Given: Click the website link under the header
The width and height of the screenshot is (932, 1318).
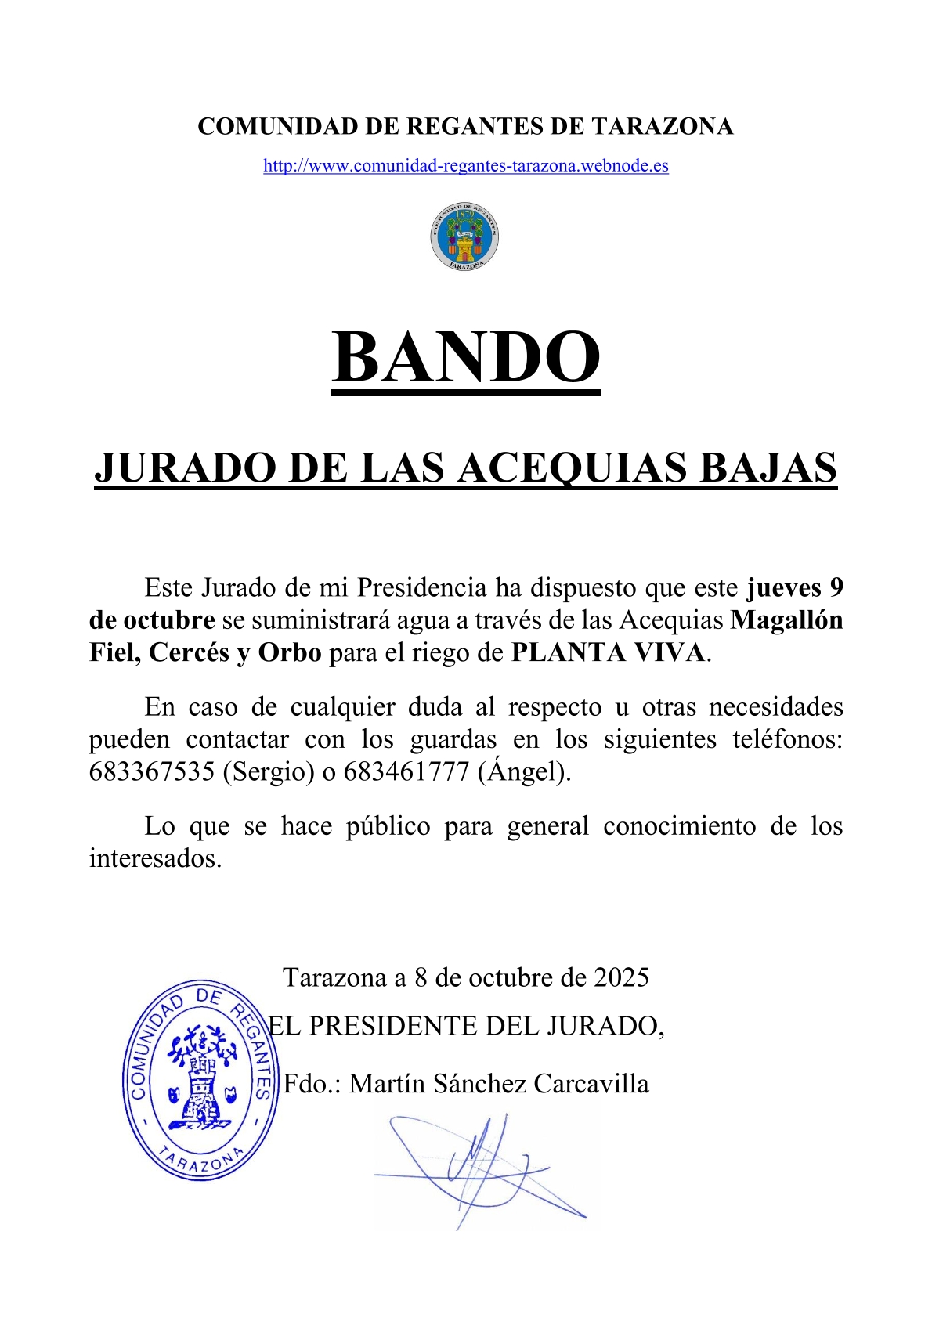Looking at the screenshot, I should point(465,166).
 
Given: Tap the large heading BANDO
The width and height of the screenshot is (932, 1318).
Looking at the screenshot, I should point(465,357).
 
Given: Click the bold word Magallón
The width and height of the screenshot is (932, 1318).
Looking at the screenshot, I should point(786,620).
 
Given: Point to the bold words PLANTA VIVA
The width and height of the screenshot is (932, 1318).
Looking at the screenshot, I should point(609,652).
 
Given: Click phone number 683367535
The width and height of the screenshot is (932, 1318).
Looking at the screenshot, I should point(151,772).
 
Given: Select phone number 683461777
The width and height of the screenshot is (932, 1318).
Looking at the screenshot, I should point(406,772).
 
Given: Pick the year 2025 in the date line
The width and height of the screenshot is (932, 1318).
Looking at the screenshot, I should point(621,978).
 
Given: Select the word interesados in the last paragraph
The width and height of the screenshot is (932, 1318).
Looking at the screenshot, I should point(155,859).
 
